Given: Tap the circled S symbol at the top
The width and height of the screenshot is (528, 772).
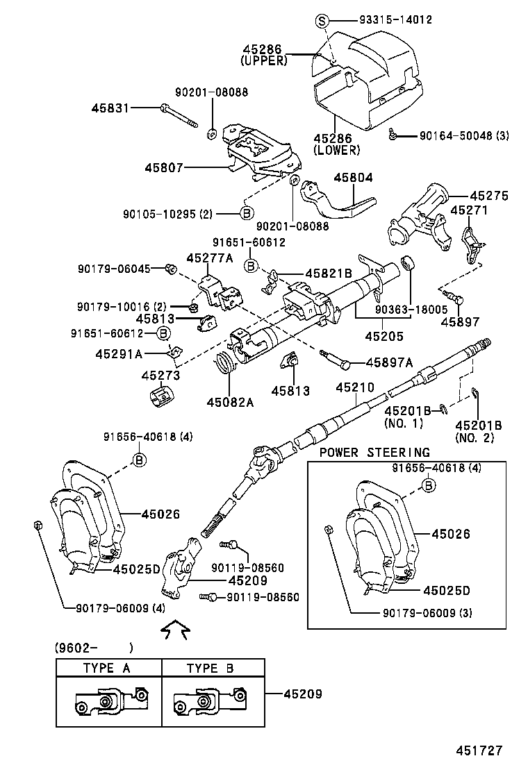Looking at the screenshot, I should [322, 19].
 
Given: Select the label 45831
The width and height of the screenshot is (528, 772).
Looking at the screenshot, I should [110, 108].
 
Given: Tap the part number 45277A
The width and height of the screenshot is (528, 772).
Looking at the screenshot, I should [209, 258].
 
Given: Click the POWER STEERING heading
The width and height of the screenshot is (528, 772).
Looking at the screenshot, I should [374, 453].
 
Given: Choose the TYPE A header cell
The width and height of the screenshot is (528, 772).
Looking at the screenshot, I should [110, 668].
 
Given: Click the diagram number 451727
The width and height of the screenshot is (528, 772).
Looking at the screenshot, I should [478, 750].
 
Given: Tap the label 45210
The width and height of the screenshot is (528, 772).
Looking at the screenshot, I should [355, 387].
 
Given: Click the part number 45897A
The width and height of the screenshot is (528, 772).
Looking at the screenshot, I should [389, 362].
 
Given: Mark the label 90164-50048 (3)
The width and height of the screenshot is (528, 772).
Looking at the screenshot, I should [463, 135].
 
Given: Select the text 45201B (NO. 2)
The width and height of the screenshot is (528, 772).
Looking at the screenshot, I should [478, 431].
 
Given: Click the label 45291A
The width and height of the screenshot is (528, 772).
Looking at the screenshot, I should [119, 353].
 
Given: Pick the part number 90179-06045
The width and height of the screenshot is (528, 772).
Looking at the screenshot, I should [114, 269].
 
